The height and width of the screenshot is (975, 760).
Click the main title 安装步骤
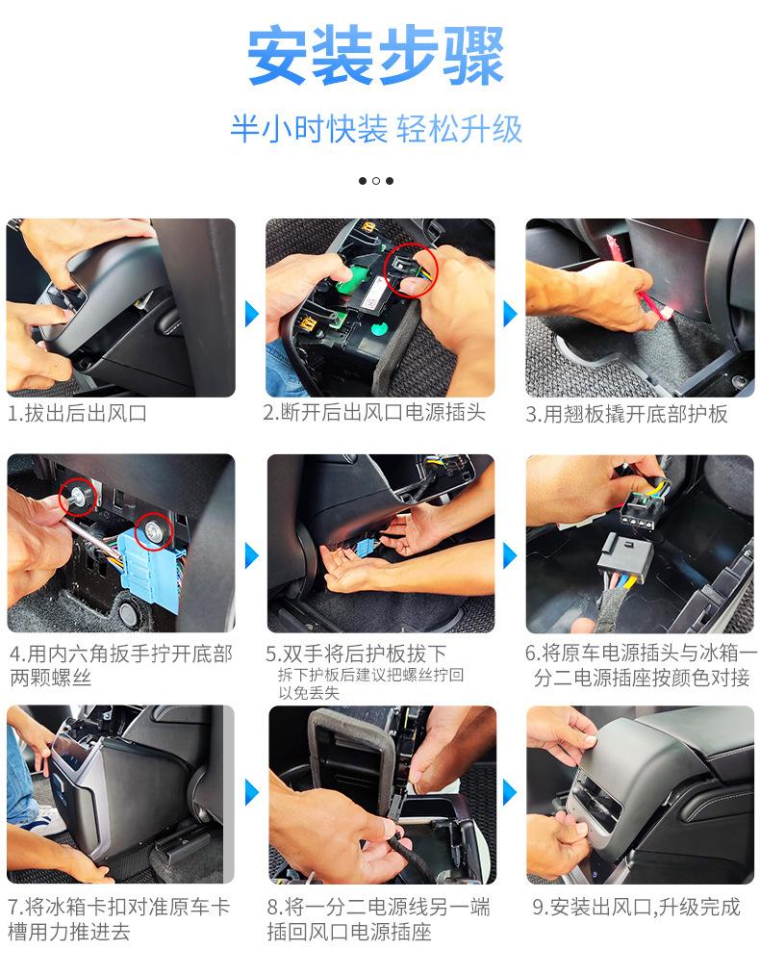[x=375, y=56]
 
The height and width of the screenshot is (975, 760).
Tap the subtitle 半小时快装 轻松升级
[x=376, y=129]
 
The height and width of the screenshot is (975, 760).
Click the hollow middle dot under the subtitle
[x=376, y=181]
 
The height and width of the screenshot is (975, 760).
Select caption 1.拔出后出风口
[x=77, y=413]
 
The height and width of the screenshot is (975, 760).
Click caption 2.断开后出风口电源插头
[x=374, y=412]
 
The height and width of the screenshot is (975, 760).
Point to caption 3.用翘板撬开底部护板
[x=626, y=414]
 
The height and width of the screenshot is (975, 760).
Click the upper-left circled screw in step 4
[x=78, y=497]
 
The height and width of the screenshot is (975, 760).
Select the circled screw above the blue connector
[x=153, y=530]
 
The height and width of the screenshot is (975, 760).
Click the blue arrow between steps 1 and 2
[x=251, y=314]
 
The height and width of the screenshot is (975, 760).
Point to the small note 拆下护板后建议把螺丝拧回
[x=370, y=675]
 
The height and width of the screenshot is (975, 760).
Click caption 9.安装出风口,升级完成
[x=636, y=907]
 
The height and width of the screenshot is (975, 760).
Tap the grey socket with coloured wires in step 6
[x=624, y=558]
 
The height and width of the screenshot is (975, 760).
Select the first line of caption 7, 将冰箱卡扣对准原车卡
[x=118, y=907]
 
